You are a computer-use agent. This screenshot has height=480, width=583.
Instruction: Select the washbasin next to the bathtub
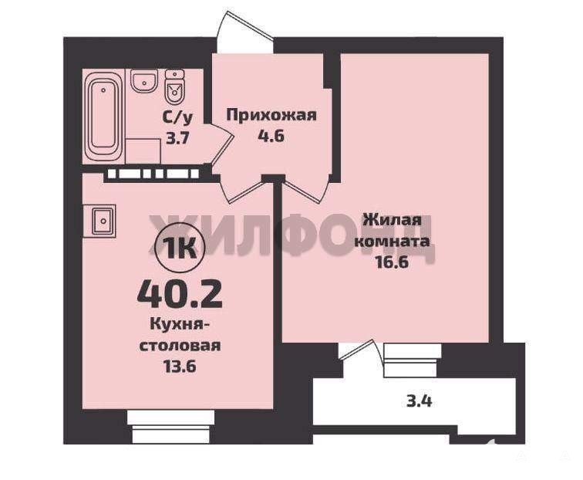tap(143, 81)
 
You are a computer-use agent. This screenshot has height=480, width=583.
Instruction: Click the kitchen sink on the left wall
tap(99, 221)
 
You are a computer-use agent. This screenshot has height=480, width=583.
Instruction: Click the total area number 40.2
tap(180, 296)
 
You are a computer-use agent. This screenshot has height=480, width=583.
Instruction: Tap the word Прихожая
tap(271, 115)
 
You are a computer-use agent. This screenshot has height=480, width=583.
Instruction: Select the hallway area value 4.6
tap(271, 136)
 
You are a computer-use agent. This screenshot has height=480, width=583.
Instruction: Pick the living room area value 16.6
tap(393, 262)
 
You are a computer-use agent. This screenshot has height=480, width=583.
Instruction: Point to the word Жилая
tap(393, 220)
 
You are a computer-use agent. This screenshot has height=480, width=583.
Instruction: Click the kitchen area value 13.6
tap(180, 367)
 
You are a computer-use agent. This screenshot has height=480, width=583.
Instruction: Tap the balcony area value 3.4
tap(419, 401)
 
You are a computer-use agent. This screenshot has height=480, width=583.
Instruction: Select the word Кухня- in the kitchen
tap(180, 324)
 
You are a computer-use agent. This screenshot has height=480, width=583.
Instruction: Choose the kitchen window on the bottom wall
tap(171, 427)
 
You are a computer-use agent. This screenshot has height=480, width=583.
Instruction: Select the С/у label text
tap(178, 118)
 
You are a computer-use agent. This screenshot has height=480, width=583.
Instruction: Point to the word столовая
tap(180, 346)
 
